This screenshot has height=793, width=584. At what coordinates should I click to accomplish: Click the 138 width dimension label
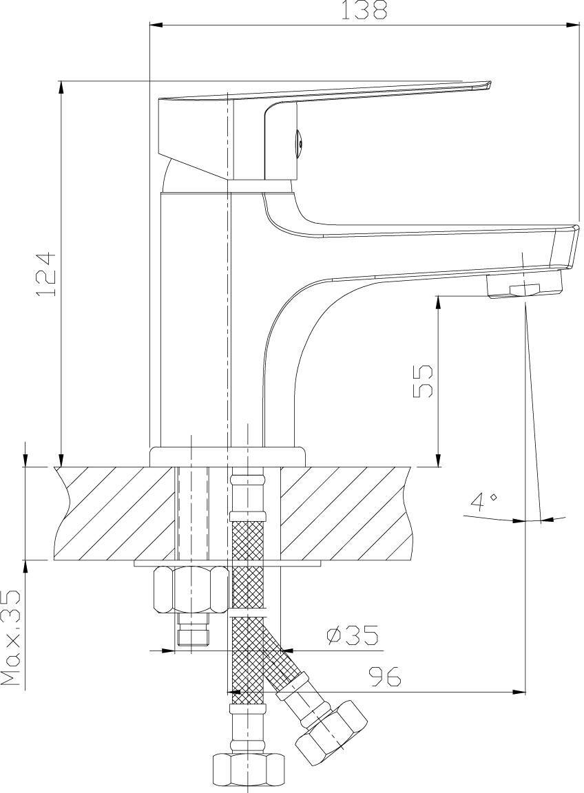364,10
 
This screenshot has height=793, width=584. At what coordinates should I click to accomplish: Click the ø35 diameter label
352,636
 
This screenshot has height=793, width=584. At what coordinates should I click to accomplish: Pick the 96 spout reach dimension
384,676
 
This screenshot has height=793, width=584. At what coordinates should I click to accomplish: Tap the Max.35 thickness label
10,637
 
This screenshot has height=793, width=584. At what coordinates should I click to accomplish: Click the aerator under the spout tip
524,286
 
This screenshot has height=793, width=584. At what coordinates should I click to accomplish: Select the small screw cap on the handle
299,138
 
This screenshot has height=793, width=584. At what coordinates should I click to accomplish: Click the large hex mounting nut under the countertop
191,590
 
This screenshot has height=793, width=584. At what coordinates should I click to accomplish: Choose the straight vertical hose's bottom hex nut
247,773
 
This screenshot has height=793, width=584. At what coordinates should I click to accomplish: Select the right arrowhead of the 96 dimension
519,692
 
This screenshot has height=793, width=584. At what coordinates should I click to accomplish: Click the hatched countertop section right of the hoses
344,514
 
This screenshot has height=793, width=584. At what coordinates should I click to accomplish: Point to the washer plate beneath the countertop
228,563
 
